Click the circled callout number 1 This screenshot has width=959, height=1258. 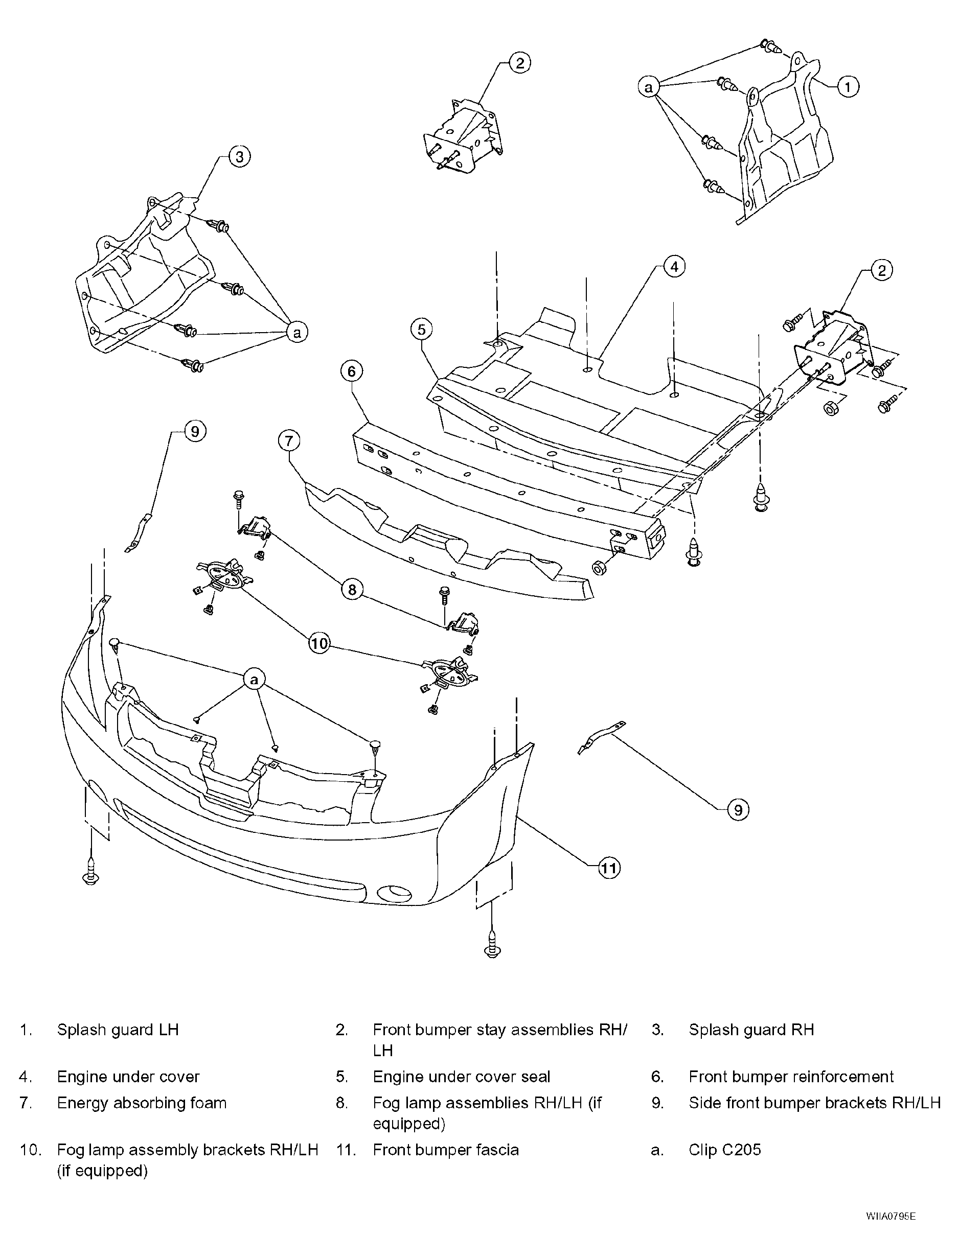848,87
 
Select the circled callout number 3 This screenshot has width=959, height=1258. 240,157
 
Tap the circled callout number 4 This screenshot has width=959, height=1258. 674,266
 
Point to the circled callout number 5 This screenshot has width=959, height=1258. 421,330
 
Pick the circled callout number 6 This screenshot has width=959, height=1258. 352,372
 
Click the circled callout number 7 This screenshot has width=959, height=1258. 289,441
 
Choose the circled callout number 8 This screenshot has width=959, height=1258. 352,589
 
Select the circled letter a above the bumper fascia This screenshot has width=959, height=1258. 255,680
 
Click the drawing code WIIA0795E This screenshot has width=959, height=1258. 890,1228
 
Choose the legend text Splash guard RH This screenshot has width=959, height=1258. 751,1030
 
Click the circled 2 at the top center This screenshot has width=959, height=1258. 519,63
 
